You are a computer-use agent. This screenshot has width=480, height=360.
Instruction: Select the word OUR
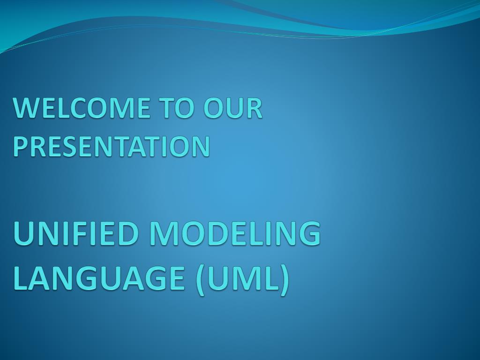233,108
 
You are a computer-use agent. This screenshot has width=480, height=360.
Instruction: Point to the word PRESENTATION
112,146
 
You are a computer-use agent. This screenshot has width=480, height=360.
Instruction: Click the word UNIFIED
78,233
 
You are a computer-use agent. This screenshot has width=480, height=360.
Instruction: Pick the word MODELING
235,233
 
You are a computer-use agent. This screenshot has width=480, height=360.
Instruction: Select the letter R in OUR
254,108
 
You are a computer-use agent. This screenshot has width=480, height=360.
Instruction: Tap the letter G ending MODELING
309,233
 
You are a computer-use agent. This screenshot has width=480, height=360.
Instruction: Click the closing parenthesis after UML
284,280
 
